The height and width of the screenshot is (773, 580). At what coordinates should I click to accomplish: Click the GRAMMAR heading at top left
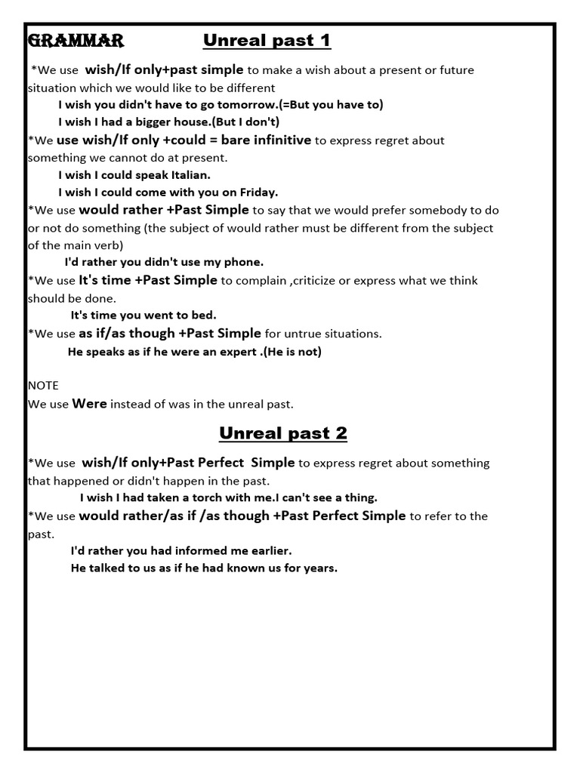76,40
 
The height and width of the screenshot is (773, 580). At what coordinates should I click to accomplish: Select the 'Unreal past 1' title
267,40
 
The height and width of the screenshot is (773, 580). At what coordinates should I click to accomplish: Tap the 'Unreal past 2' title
283,433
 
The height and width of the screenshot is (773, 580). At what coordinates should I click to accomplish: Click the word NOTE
43,385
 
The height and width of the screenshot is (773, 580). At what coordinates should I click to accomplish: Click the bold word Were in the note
89,403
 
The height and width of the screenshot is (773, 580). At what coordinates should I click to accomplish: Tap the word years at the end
320,568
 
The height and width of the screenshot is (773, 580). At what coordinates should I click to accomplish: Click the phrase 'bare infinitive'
266,140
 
